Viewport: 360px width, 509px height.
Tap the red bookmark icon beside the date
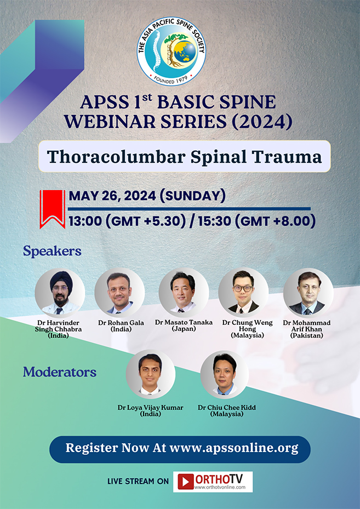53,209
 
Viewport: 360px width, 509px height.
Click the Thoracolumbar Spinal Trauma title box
184,157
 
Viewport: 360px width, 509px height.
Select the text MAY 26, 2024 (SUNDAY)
147,196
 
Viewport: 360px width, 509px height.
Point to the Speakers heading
52,251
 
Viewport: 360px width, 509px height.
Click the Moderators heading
59,373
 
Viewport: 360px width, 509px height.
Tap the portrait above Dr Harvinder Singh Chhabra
59,293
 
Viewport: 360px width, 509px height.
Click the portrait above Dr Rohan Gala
119,293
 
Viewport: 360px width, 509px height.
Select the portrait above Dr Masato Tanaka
184,293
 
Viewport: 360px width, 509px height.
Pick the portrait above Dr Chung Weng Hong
244,293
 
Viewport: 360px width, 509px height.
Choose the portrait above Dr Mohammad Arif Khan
308,293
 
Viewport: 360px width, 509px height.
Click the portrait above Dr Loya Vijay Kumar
150,374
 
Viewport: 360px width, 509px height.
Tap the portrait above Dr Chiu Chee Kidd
225,374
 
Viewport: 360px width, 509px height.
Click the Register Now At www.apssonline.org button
180,448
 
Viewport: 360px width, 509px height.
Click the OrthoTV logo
213,481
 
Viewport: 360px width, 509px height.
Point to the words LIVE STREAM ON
138,482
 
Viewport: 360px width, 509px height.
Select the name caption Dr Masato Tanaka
184,322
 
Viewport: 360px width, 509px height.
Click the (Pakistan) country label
307,335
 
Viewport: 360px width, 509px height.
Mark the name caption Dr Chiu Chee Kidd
227,408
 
